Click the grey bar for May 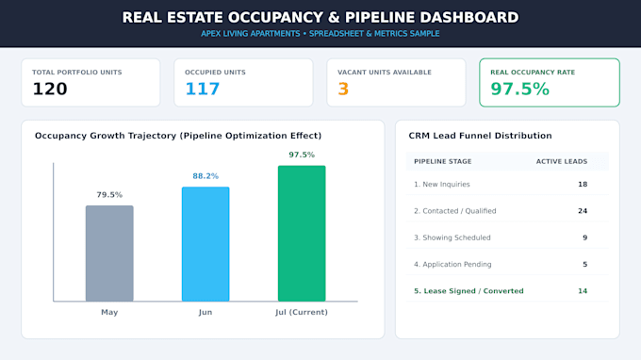109,254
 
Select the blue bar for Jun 205,244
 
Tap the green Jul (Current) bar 302,234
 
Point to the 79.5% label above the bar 109,195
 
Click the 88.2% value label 205,176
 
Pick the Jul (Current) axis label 302,312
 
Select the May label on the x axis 109,312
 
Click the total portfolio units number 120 50,90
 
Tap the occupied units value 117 203,90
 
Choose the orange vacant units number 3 343,90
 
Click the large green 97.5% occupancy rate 520,90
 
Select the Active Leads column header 562,161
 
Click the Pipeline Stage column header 443,161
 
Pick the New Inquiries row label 442,185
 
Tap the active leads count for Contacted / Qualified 583,211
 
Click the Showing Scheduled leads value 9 585,237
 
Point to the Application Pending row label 452,265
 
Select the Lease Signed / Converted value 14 583,291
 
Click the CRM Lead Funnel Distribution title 481,136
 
